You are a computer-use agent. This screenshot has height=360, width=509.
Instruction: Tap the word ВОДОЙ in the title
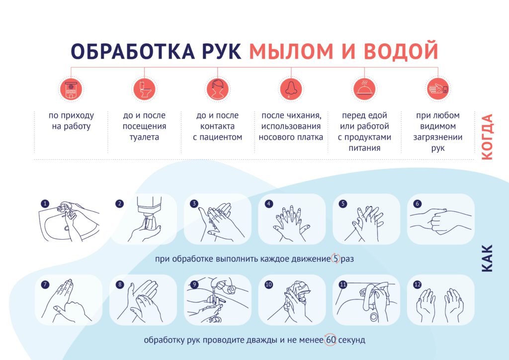point(401,51)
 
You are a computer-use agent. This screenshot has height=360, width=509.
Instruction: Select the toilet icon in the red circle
point(145,89)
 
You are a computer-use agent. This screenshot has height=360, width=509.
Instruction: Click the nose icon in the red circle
point(291,89)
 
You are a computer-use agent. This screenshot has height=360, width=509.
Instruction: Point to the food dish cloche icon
point(364,89)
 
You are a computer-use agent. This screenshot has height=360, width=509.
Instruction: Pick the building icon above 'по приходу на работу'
point(71,89)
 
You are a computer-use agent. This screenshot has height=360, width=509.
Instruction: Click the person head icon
point(218,89)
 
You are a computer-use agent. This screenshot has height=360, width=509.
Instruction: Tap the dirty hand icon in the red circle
point(438,89)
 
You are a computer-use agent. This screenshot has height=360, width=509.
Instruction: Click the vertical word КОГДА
point(487,137)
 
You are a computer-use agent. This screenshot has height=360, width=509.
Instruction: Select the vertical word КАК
point(487,259)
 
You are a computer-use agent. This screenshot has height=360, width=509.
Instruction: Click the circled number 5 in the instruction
point(336,259)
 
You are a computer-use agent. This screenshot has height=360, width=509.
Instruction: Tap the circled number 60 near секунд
point(331,340)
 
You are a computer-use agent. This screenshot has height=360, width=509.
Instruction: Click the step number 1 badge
point(45,204)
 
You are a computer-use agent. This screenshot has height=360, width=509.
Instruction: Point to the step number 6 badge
point(418,204)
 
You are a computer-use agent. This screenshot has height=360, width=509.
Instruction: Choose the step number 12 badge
point(418,285)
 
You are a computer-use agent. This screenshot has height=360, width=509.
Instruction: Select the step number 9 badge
point(194,285)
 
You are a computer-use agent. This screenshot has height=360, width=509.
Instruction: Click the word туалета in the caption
point(144,137)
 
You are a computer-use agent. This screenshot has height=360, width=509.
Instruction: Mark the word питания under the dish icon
point(364,148)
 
